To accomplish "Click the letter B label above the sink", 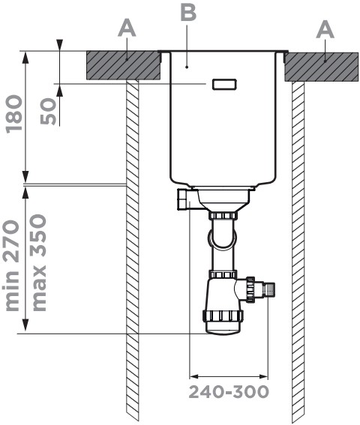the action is (188, 13).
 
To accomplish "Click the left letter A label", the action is (127, 28).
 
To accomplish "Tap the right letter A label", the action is (325, 30).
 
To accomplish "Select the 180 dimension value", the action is (14, 114).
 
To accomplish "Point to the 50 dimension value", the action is (48, 111).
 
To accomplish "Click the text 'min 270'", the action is (12, 265).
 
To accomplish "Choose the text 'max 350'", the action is (39, 262).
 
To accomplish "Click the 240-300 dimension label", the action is (229, 392).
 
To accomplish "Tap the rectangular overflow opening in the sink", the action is (224, 84).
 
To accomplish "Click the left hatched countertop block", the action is (123, 65).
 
